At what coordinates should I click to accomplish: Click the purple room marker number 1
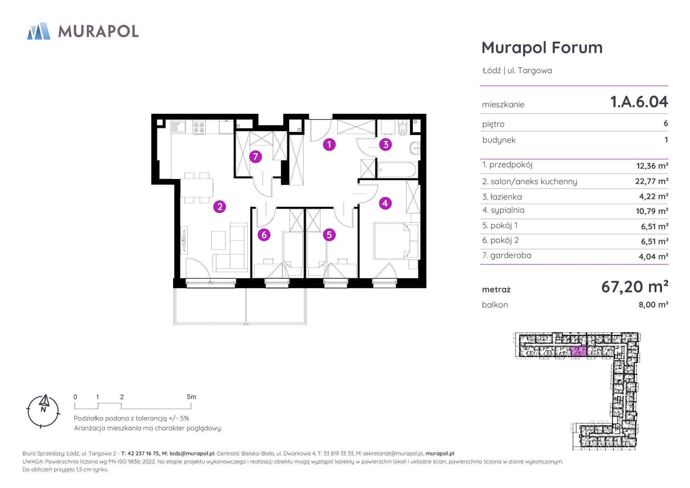[x=329, y=144]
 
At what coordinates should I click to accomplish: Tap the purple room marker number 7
[x=255, y=156]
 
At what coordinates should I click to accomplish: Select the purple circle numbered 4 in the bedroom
[x=385, y=203]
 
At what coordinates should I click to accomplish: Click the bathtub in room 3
[x=397, y=170]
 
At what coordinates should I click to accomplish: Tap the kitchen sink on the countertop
[x=178, y=127]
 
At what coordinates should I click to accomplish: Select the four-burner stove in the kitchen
[x=198, y=127]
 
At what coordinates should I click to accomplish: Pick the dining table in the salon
[x=196, y=187]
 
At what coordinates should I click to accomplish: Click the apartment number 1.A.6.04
[x=639, y=102]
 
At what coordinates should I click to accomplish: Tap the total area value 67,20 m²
[x=634, y=286]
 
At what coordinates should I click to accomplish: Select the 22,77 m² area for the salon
[x=651, y=181]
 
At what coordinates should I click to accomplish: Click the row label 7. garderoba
[x=507, y=255]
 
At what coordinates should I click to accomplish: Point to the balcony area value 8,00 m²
[x=653, y=305]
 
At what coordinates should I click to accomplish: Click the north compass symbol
[x=44, y=411]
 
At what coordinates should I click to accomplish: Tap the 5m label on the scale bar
[x=191, y=397]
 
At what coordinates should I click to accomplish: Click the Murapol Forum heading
[x=542, y=47]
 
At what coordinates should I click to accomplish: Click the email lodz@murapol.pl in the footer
[x=192, y=453]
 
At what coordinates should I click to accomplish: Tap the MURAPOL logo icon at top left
[x=39, y=31]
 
